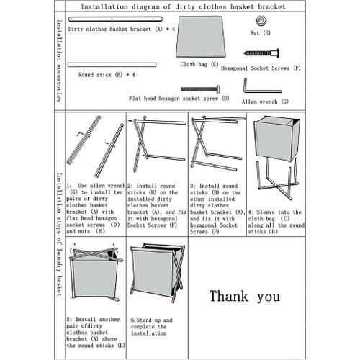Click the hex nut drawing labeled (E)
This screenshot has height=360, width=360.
pos(260,21)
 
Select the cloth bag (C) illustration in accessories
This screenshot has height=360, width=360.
pos(201,37)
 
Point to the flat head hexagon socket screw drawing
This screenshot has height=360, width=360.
pos(200,89)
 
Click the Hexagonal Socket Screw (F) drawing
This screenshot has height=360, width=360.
pos(261,53)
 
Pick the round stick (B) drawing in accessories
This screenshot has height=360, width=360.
pos(112,65)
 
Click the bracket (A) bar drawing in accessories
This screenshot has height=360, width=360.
pos(116,19)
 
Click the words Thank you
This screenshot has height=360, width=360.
pos(245,297)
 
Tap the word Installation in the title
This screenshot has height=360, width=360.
pos(104,6)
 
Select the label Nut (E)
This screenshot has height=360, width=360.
pos(261,32)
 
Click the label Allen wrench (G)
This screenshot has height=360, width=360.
pos(265,102)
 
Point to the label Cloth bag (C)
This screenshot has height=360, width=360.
pos(199,64)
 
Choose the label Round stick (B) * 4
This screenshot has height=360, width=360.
pos(107,75)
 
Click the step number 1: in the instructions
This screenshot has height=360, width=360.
pos(69,186)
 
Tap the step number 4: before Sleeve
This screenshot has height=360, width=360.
pos(251,212)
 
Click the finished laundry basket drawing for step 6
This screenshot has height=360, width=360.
pos(158,273)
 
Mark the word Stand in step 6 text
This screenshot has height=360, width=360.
pos(144,320)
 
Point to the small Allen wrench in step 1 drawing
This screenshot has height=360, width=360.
pos(81,134)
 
